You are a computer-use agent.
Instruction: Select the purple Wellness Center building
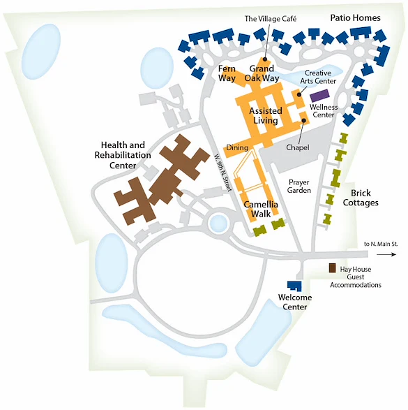click(x=320, y=95)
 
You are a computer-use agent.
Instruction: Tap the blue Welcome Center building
click(x=295, y=286)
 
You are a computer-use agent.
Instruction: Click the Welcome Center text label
click(x=294, y=302)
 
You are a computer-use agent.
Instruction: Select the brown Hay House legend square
click(x=333, y=268)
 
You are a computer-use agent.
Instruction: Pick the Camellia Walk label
click(x=262, y=208)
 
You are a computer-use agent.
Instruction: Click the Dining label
click(x=236, y=148)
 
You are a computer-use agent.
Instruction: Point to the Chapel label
click(x=298, y=147)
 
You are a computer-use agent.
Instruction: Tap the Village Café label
click(x=271, y=19)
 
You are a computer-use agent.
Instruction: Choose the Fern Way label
click(x=227, y=73)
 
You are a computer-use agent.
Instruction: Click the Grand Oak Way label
click(x=262, y=73)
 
